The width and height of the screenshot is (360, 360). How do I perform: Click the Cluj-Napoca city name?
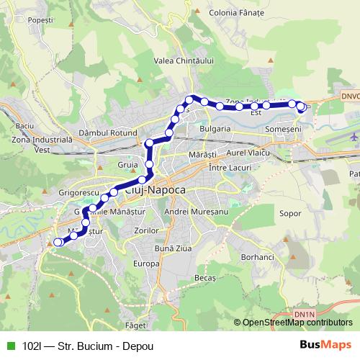click(x=156, y=190)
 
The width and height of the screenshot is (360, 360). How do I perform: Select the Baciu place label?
click(x=24, y=126)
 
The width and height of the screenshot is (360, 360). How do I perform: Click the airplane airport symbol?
click(x=354, y=135)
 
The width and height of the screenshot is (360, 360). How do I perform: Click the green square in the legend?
click(x=10, y=345)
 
